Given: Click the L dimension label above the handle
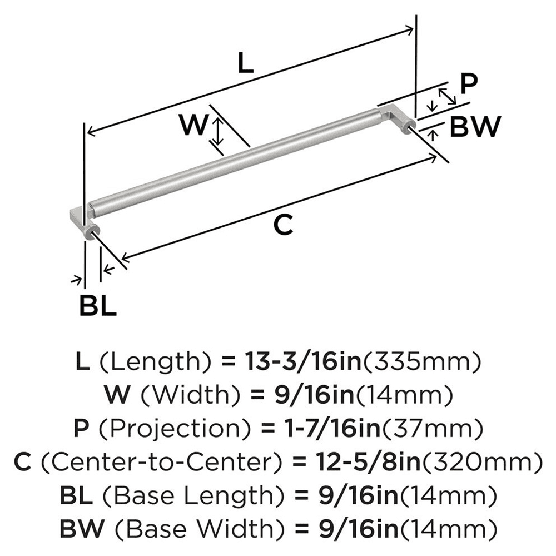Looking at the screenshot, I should coord(245,64).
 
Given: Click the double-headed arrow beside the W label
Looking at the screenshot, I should coord(219,131).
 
